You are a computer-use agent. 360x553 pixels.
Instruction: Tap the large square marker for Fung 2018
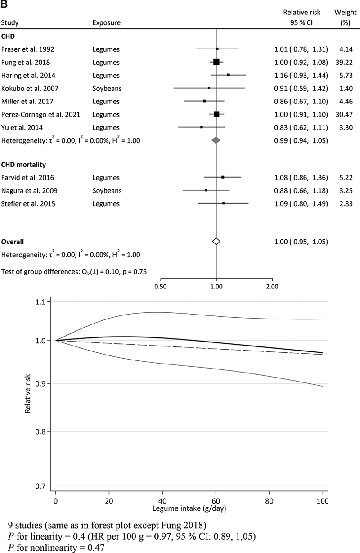point(216,62)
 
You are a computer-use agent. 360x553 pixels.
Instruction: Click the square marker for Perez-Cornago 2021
point(216,114)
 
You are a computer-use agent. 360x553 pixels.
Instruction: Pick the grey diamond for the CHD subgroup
point(216,140)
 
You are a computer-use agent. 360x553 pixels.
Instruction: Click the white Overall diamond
point(216,242)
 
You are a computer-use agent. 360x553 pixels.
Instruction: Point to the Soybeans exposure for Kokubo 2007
point(107,88)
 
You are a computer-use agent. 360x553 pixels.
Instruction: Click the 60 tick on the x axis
point(216,501)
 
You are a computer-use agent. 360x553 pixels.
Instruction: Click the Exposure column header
point(107,22)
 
